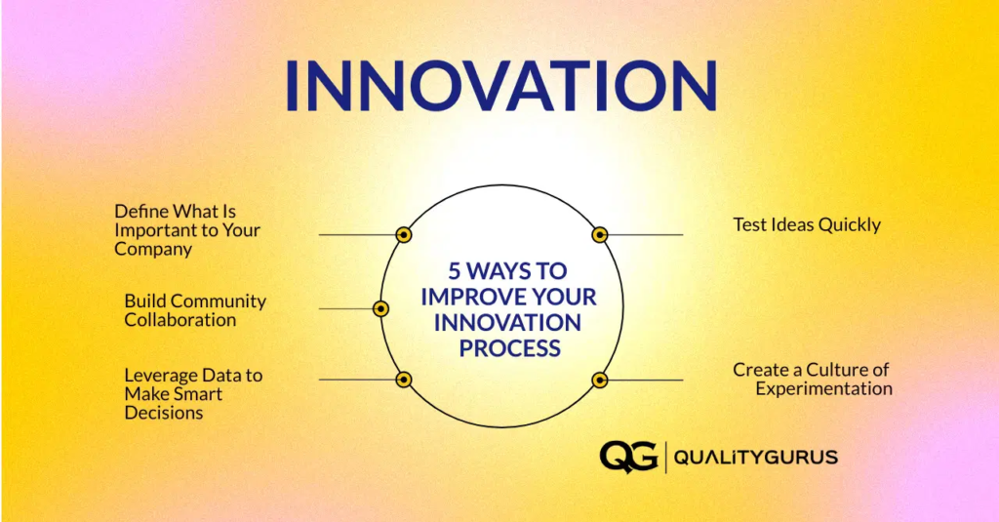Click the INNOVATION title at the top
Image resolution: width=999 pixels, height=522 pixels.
[499, 85]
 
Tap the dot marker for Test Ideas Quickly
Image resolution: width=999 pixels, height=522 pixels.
[600, 234]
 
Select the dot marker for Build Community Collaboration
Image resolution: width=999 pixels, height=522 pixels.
[381, 308]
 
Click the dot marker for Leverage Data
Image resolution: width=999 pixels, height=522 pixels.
[403, 380]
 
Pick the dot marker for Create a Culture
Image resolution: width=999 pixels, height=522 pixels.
[600, 380]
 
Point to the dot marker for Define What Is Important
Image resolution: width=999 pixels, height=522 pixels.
[403, 234]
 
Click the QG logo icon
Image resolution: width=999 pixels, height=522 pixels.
[628, 456]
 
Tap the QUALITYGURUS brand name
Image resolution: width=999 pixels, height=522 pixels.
[756, 457]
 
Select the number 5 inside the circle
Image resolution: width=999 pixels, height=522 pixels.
[454, 270]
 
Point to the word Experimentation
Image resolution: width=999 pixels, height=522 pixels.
[823, 388]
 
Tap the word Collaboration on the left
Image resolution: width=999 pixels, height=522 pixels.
[180, 320]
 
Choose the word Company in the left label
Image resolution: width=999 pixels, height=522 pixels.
[153, 249]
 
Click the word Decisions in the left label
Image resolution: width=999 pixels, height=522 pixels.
[164, 413]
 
